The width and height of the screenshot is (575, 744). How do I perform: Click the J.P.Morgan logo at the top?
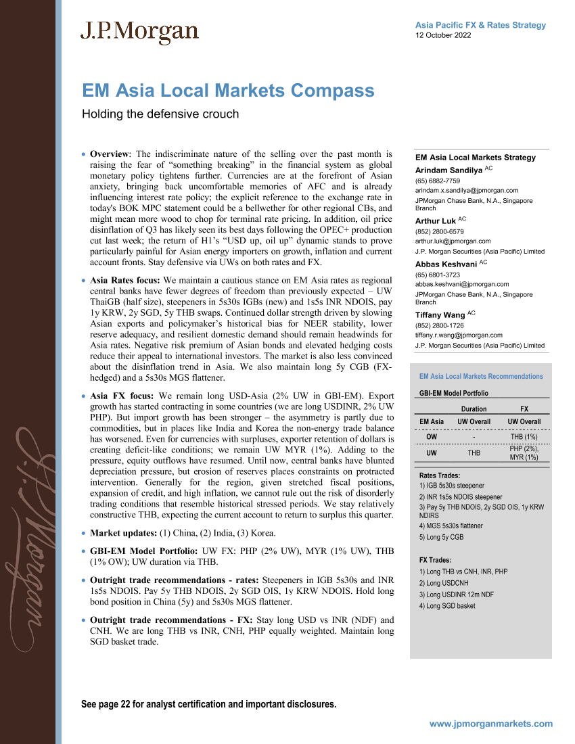[140, 32]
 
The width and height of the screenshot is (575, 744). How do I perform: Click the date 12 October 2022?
[443, 35]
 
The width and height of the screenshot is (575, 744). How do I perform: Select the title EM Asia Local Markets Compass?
[228, 91]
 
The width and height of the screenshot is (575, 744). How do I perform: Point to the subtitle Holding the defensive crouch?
[160, 114]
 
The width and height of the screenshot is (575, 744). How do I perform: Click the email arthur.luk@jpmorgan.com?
[453, 241]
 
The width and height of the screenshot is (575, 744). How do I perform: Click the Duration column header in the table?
[474, 409]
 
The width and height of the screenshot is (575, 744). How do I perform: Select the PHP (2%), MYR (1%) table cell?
[524, 452]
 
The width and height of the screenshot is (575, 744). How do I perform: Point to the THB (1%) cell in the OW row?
[524, 437]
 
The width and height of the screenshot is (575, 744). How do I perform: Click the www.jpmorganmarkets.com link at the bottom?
[491, 724]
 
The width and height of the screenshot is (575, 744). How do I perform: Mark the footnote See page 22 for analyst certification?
[208, 704]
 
